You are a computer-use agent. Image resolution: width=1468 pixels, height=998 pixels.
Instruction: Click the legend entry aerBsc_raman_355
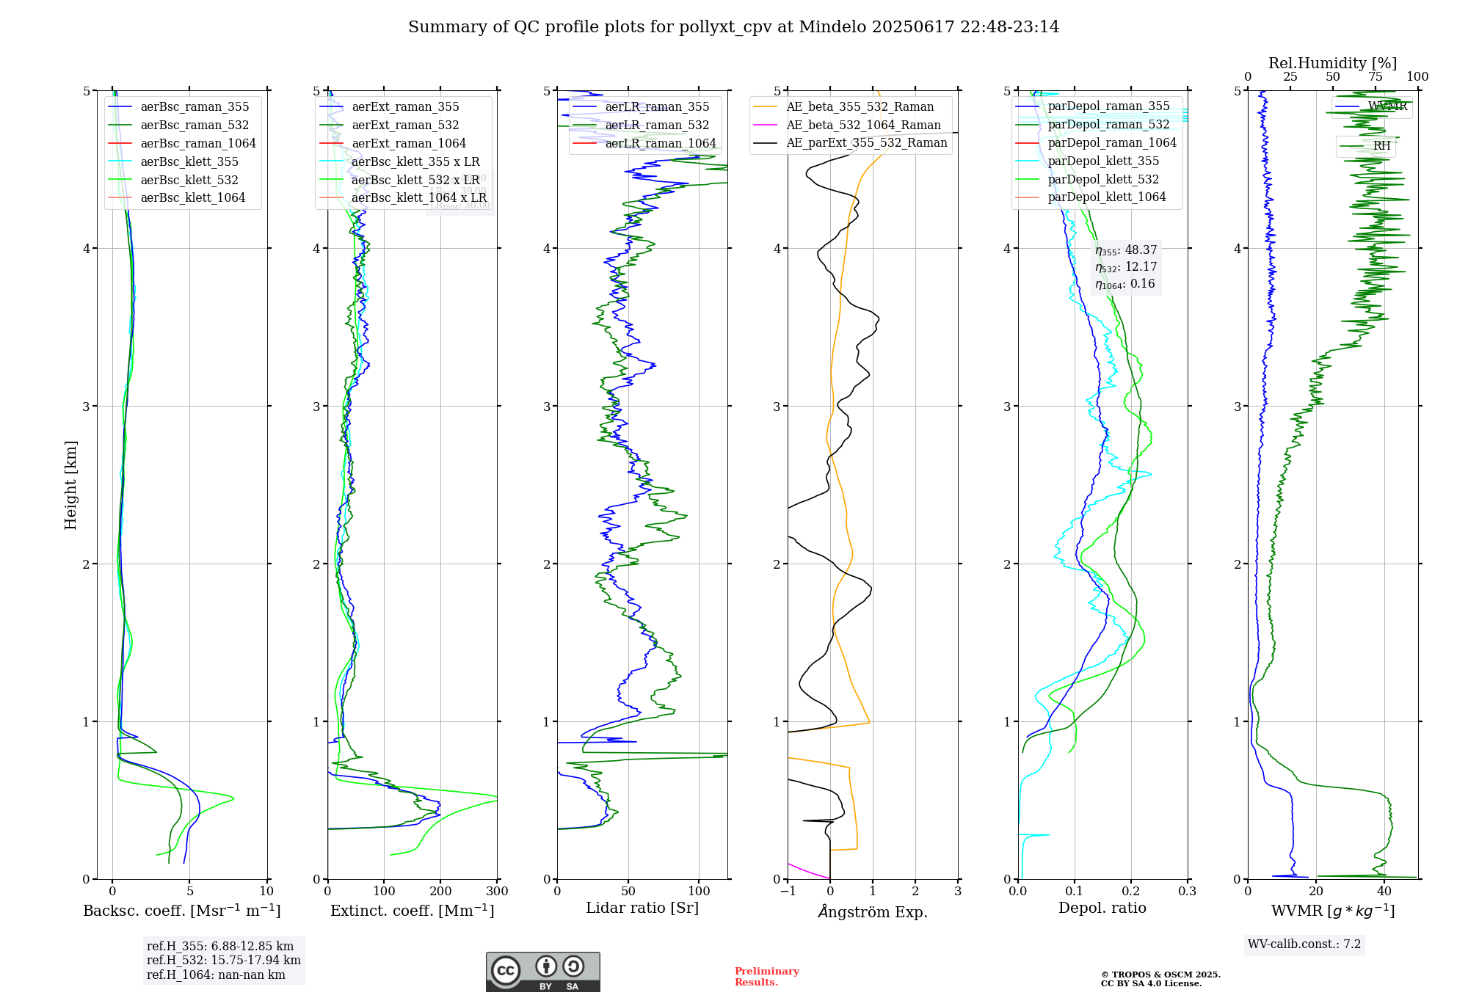click(195, 107)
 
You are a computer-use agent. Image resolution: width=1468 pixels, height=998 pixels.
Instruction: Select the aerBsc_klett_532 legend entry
click(189, 180)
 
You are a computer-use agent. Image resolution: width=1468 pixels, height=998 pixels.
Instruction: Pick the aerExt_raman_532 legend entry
click(405, 125)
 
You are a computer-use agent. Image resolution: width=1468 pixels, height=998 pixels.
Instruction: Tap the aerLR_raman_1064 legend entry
click(660, 144)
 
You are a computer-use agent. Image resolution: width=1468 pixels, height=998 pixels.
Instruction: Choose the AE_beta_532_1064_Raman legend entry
click(863, 125)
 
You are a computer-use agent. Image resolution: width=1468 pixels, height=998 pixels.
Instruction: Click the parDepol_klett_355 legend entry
click(1103, 161)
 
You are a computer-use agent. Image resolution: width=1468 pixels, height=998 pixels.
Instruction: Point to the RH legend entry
click(1381, 146)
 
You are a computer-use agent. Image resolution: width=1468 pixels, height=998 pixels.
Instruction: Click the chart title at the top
click(733, 27)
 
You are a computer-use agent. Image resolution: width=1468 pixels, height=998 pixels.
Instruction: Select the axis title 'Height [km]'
click(70, 485)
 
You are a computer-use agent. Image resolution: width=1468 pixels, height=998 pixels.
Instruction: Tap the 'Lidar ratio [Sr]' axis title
click(642, 908)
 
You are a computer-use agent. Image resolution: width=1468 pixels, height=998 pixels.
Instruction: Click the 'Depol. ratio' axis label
click(1102, 908)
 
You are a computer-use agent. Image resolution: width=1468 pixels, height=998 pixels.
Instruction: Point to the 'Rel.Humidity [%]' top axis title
click(1332, 63)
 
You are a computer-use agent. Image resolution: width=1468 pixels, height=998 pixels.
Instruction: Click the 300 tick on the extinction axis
click(497, 892)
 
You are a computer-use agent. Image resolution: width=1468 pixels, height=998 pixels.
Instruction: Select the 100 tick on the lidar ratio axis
click(699, 892)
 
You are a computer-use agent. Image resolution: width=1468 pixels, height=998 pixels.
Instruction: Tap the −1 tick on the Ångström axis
click(788, 892)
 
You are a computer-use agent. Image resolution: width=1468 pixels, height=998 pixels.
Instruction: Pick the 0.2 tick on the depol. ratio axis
click(1131, 892)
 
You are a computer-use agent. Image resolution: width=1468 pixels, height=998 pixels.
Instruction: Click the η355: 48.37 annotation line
click(1126, 250)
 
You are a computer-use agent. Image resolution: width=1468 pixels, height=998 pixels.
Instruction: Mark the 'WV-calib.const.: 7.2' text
click(1304, 944)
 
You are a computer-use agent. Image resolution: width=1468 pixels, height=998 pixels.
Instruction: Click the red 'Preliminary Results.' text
click(766, 977)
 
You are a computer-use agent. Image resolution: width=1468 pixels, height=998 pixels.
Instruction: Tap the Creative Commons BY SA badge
click(542, 972)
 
